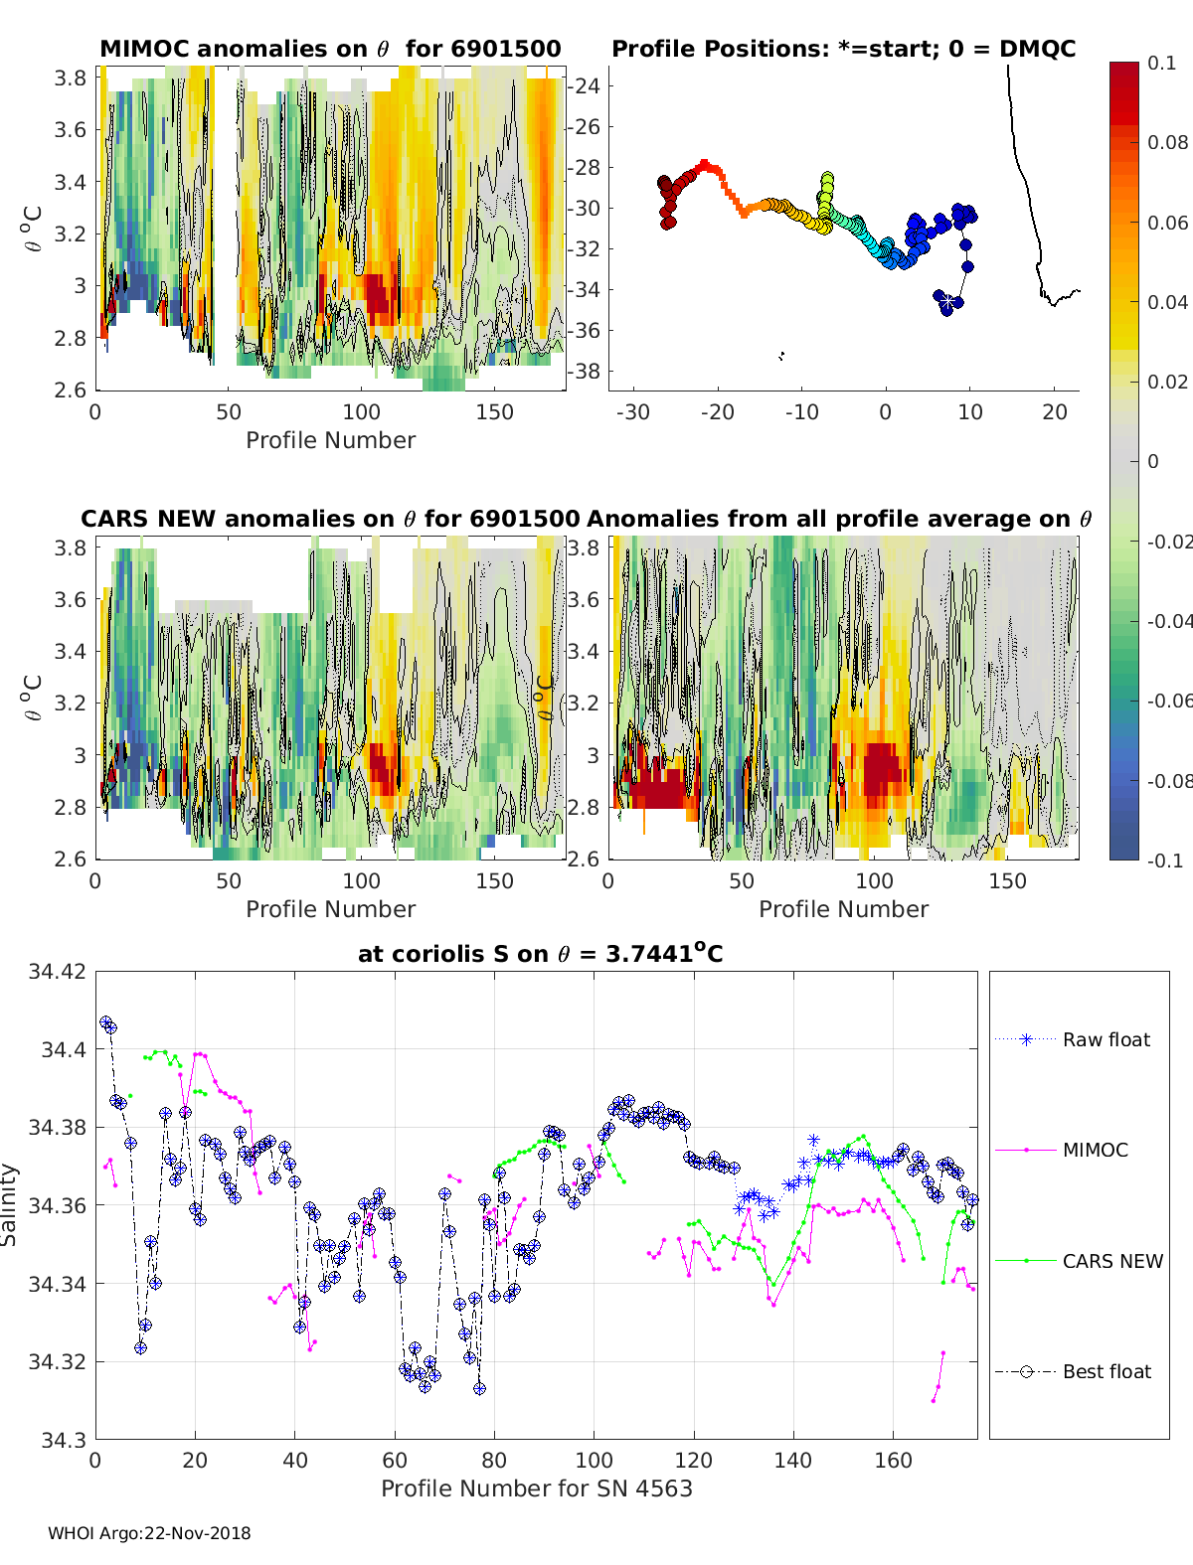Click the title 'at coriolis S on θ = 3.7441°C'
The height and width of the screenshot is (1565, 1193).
(x=540, y=953)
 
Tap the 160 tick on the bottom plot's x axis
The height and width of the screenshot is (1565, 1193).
(x=893, y=1461)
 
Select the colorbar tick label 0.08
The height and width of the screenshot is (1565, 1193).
(x=1167, y=143)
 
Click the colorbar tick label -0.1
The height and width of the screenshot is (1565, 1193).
(x=1165, y=861)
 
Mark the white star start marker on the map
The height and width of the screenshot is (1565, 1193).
(x=947, y=301)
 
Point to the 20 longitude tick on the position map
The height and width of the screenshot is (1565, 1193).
(x=1054, y=412)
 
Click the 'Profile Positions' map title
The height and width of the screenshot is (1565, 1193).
(x=844, y=49)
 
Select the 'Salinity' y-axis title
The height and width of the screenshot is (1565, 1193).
(x=9, y=1205)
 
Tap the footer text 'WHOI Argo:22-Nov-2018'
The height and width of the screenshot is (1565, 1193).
(x=149, y=1533)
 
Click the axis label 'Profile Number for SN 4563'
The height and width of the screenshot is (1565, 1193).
(x=536, y=1488)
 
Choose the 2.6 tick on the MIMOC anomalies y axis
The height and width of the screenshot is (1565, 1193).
(x=70, y=390)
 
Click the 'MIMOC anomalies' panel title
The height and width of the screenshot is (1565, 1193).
(x=330, y=49)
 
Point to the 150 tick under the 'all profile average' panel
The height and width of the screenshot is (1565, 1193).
(x=1007, y=881)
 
